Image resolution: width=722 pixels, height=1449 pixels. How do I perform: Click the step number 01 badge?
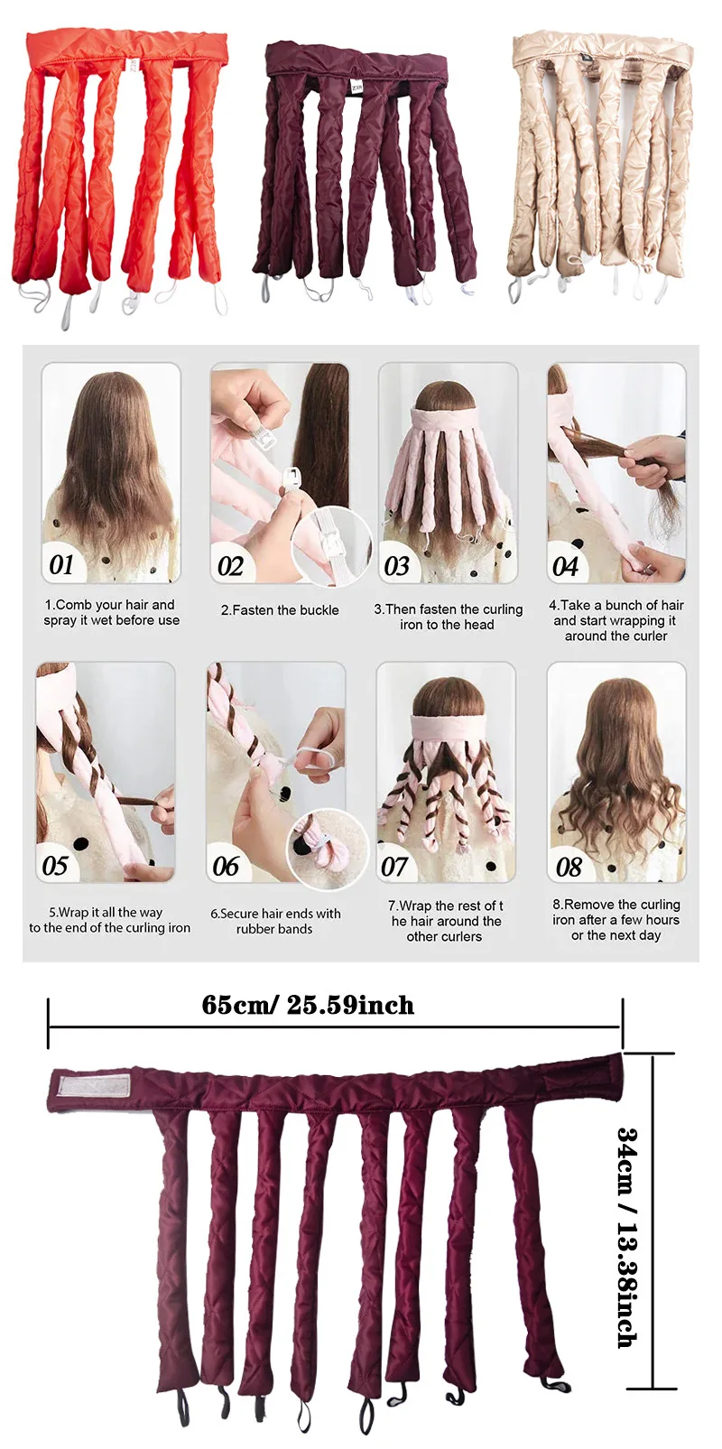(x=62, y=565)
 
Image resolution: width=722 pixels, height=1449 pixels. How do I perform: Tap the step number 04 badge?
(x=566, y=566)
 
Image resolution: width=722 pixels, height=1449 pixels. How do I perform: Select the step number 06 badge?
(x=227, y=867)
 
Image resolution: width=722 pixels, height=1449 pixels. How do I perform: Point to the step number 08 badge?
(x=569, y=868)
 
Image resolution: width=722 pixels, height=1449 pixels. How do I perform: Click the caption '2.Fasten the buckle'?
(x=280, y=610)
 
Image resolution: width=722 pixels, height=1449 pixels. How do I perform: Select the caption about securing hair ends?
(x=275, y=921)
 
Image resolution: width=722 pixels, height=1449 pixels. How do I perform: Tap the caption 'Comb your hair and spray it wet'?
(x=111, y=612)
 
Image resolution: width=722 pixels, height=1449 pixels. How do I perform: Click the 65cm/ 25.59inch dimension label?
(x=308, y=1005)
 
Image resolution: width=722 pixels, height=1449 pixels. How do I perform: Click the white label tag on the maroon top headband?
(x=356, y=83)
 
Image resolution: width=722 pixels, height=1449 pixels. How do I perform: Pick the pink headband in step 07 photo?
(x=448, y=727)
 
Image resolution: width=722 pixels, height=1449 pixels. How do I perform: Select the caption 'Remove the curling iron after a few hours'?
(x=616, y=920)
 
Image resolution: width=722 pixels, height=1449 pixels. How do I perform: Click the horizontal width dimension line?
(x=334, y=1026)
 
